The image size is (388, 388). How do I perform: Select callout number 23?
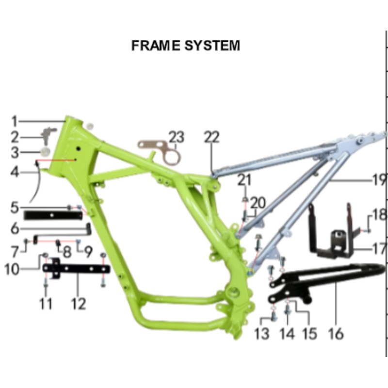point(177,137)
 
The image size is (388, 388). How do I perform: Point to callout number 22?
point(212,137)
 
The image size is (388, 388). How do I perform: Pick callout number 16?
point(336,333)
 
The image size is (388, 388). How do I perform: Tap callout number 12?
point(78,304)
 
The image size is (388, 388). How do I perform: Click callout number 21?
point(244,180)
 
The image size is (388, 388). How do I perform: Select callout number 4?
point(15,172)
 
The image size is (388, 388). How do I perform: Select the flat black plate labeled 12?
point(78,269)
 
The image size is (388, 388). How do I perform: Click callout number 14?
point(287,333)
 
